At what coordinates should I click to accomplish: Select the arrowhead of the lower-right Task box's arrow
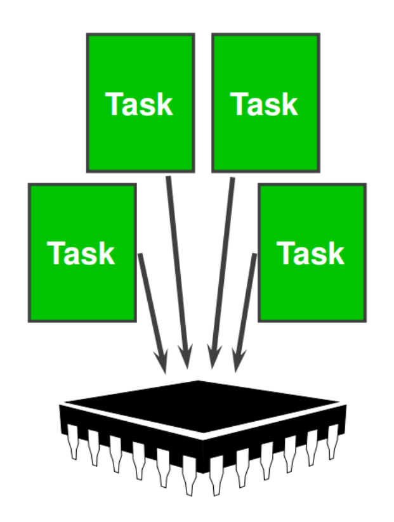pyautogui.click(x=239, y=362)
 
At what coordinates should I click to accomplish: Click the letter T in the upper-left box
pyautogui.click(x=114, y=103)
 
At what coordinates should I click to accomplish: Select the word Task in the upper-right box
pyautogui.click(x=264, y=104)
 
